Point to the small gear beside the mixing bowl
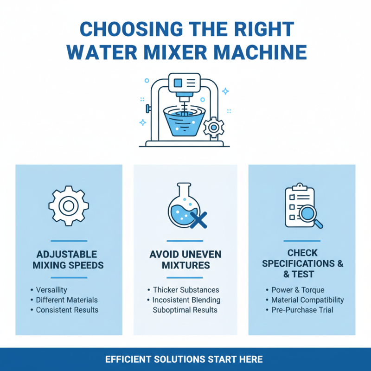[214, 127]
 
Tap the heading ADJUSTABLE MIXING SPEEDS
[69, 260]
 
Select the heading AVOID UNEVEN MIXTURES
[185, 260]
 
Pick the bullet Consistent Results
[67, 310]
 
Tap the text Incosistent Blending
[186, 300]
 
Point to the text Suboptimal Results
[185, 310]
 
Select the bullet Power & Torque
[298, 290]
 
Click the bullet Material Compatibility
[307, 300]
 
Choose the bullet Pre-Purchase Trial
[302, 310]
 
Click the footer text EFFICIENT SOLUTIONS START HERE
[184, 359]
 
